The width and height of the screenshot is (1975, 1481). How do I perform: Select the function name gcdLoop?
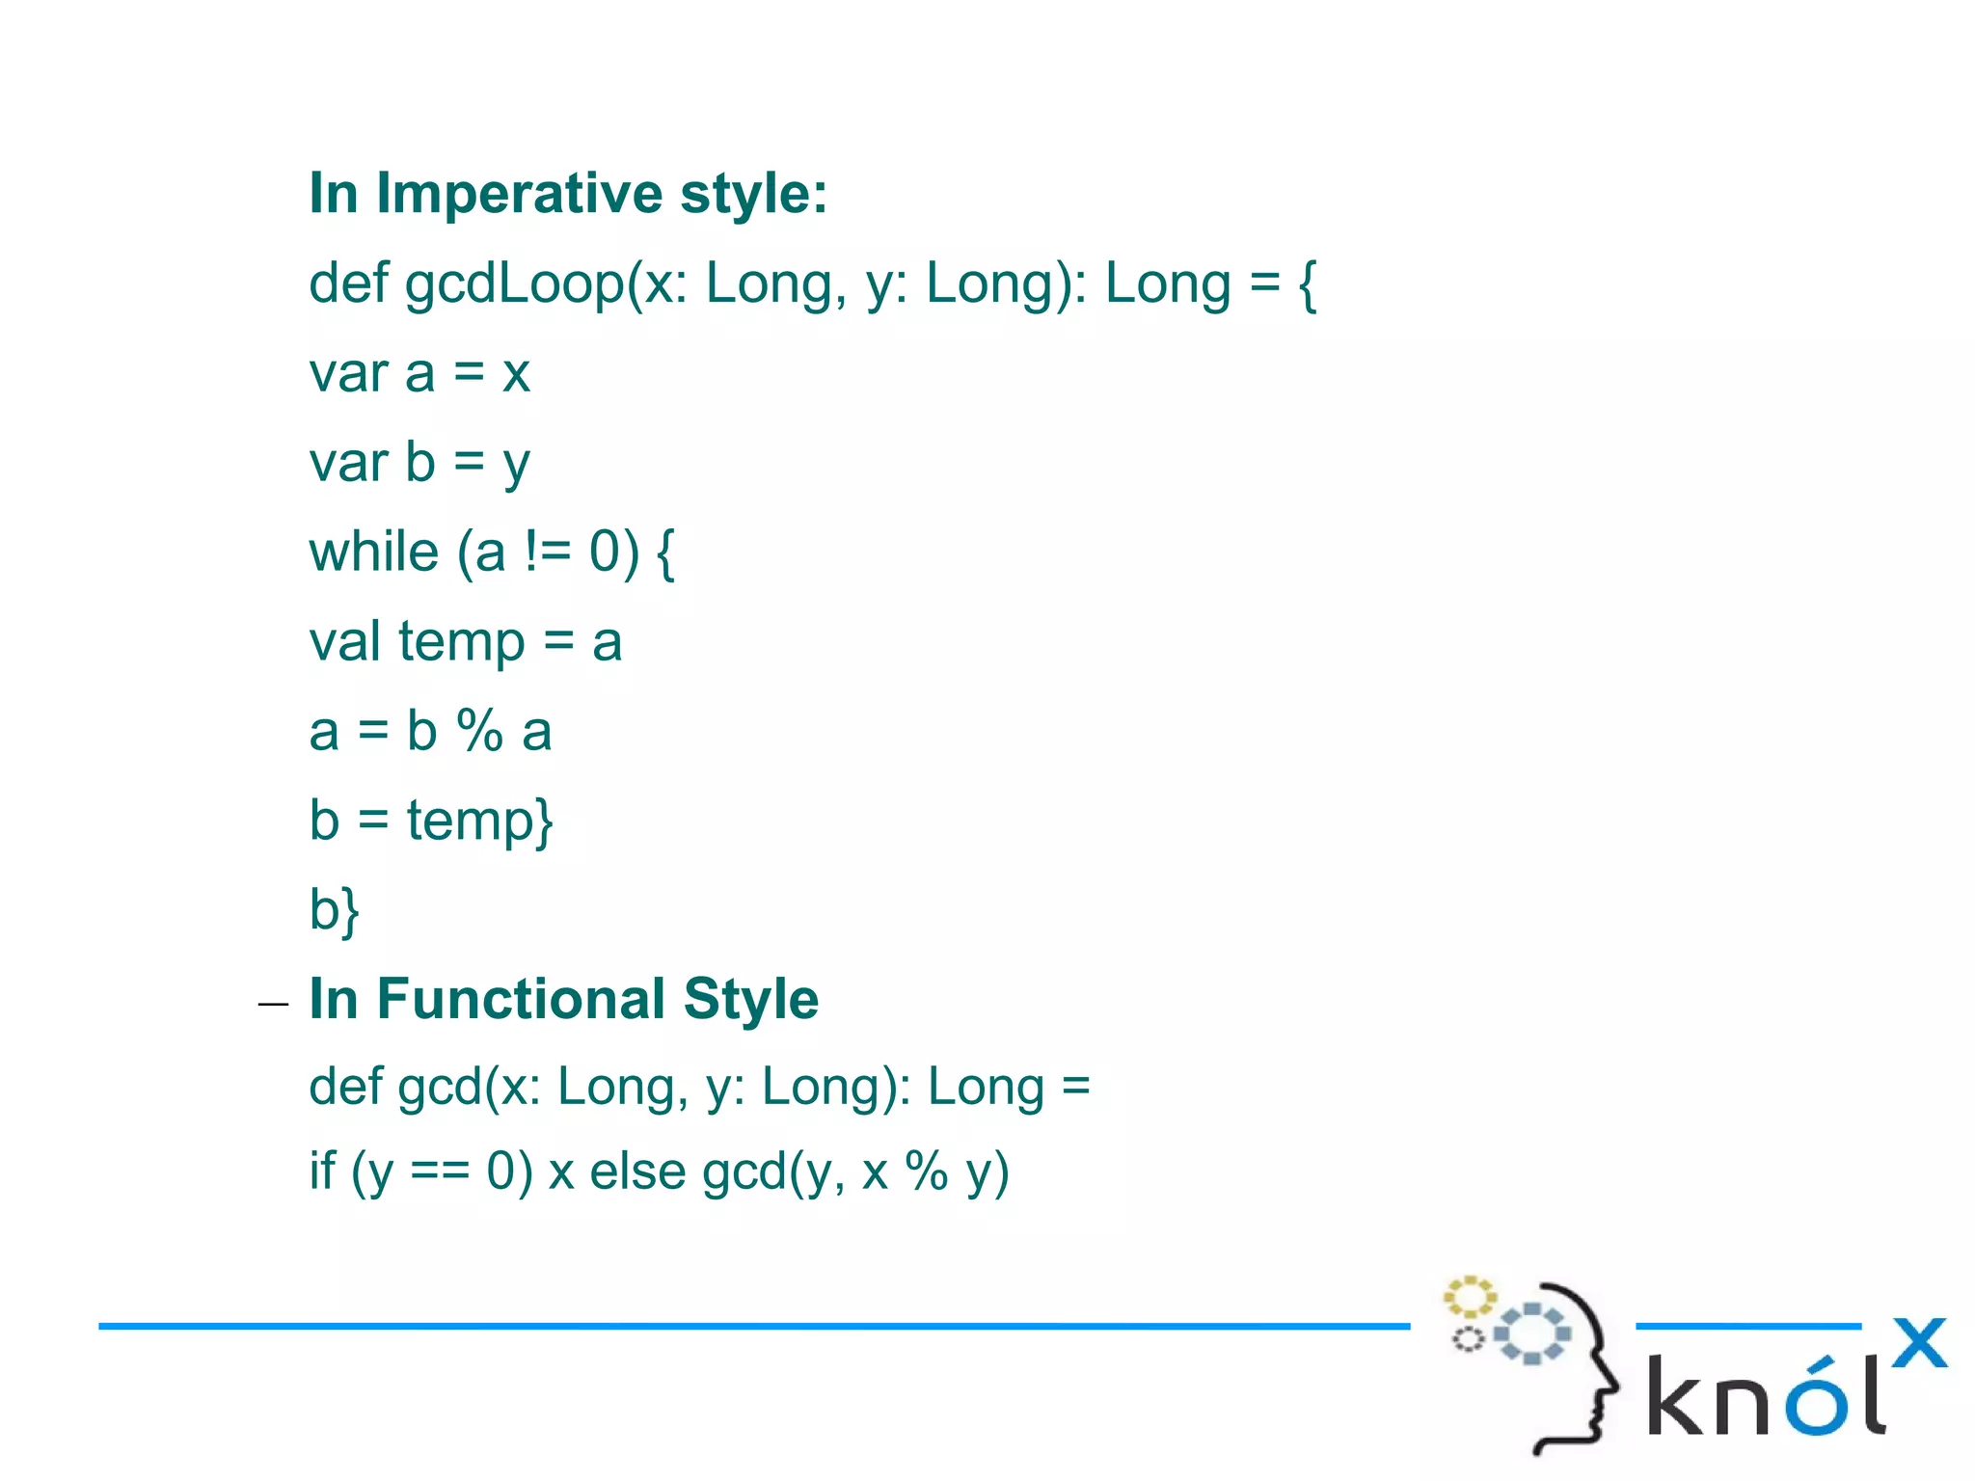[x=514, y=284]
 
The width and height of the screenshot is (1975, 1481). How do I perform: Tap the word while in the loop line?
[x=373, y=552]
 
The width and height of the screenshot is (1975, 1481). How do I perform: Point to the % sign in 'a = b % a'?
[x=479, y=731]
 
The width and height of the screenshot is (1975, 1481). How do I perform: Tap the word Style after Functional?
[x=751, y=999]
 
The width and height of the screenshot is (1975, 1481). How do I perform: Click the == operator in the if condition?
[x=440, y=1172]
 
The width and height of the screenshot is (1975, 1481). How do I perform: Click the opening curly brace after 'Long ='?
[x=1307, y=285]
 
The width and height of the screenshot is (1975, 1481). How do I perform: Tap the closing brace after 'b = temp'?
[x=544, y=821]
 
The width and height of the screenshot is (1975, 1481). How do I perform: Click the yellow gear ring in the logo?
[x=1469, y=1297]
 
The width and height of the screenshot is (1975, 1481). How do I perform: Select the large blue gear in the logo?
[x=1532, y=1333]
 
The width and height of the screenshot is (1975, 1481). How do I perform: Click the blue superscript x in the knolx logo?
[x=1919, y=1342]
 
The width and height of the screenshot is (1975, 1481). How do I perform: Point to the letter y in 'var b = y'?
[x=517, y=465]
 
